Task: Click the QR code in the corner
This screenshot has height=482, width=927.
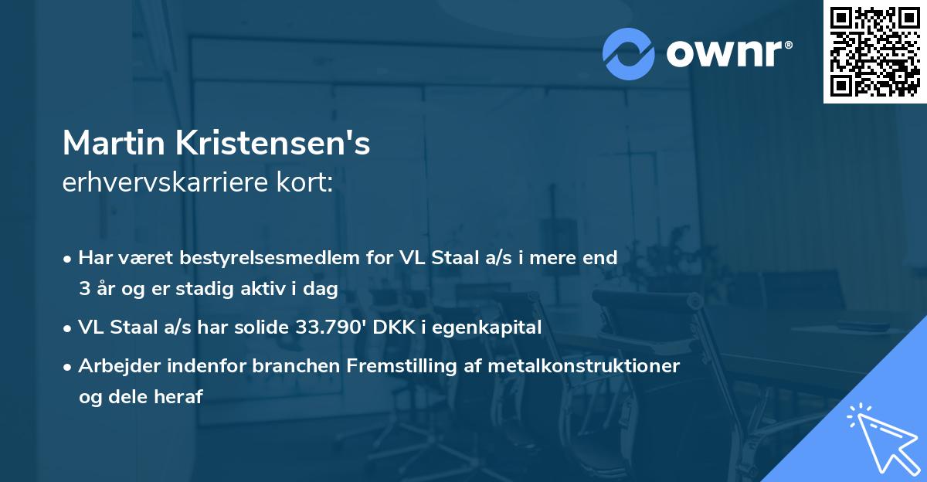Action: coord(874,52)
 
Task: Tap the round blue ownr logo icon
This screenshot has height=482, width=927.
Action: coord(629,53)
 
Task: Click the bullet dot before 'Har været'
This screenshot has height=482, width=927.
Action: coord(69,259)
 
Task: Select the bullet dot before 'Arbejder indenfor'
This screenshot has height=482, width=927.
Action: coord(69,367)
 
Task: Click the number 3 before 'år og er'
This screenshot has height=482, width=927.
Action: coord(83,289)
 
